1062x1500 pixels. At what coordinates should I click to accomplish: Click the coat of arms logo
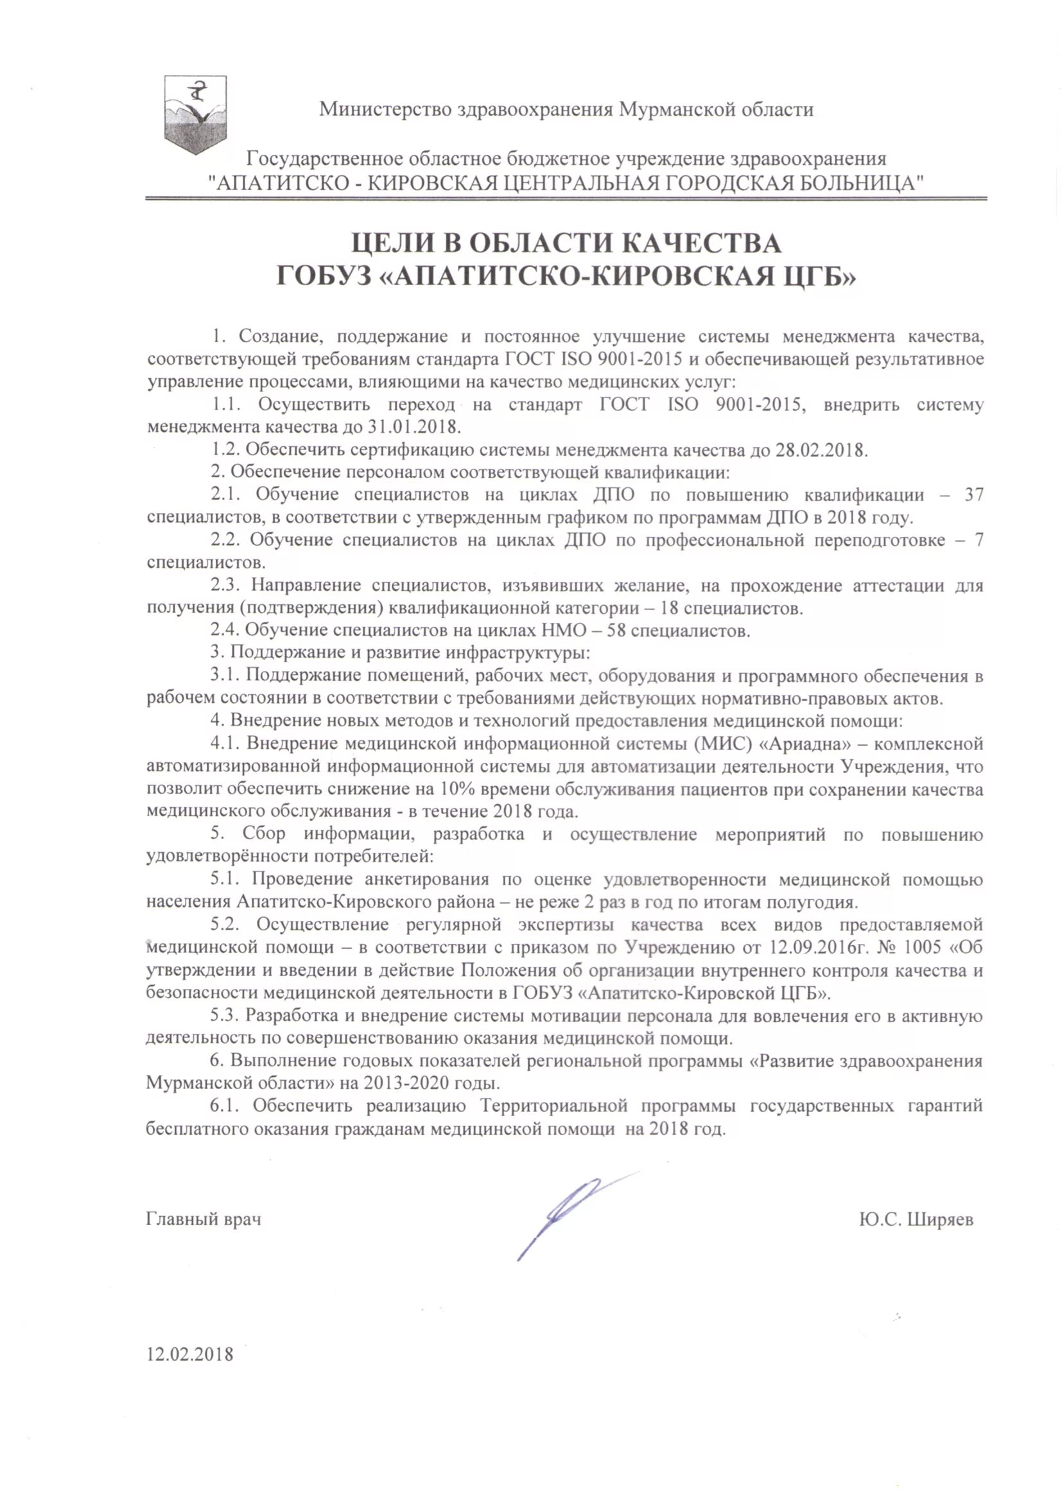point(195,115)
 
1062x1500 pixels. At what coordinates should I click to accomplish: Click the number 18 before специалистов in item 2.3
point(671,608)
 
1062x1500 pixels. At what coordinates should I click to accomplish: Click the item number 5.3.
point(224,1015)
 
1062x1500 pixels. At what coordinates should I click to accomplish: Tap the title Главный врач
point(204,1220)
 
